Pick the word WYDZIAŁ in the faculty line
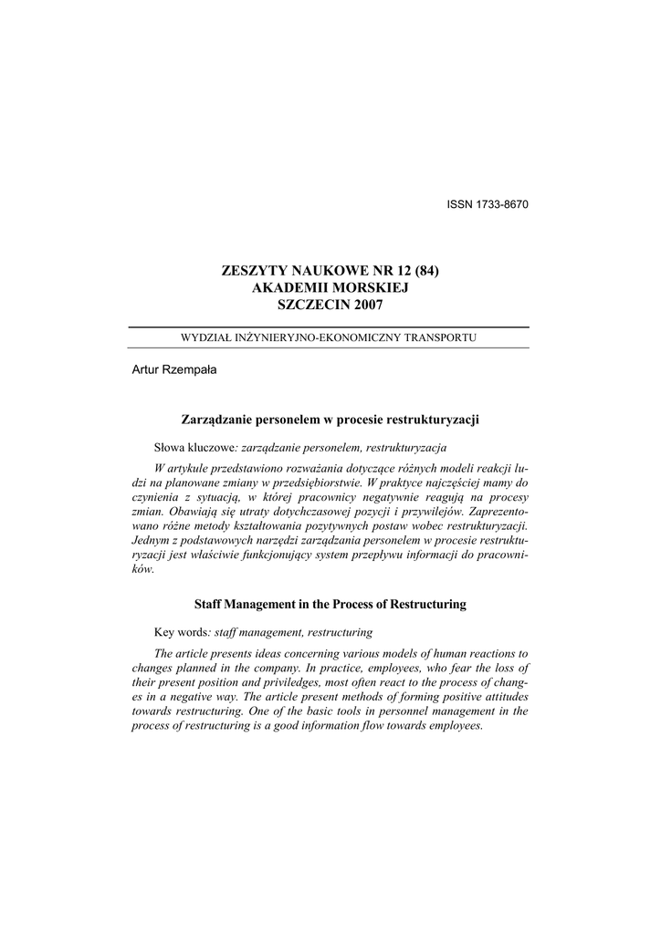pos(205,337)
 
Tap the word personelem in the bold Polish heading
pos(290,420)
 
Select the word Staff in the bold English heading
pos(212,604)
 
